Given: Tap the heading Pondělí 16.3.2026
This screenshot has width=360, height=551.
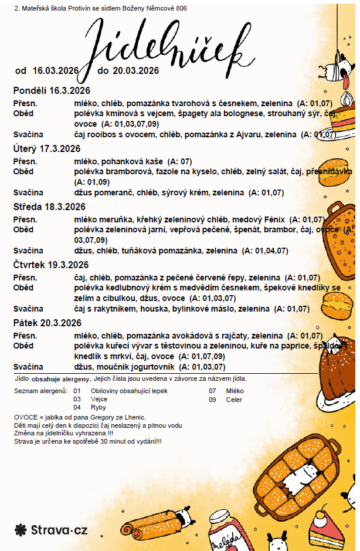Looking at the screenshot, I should coord(51,90).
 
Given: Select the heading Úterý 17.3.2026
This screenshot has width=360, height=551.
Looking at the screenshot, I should coord(46,148).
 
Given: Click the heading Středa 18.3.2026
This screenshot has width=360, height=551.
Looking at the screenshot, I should coord(49,207).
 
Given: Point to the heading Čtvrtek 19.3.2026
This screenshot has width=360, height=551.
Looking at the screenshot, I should coord(51,265).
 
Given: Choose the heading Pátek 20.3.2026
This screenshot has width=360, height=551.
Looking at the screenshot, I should coord(47,323).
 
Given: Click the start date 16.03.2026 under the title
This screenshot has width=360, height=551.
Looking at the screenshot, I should coord(55,71).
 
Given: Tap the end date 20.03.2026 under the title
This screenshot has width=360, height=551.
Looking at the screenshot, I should coord(136,71).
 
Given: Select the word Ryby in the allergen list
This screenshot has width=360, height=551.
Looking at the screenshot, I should coord(99,407).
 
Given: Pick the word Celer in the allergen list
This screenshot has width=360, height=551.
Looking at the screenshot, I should coord(234,400).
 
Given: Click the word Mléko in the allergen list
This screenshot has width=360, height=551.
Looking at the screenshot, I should coord(235,391).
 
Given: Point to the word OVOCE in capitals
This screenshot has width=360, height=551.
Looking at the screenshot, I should coord(26,417).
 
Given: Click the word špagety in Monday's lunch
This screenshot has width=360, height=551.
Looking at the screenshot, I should coord(179,113).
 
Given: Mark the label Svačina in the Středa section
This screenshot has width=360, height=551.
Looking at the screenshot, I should coord(29,251).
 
